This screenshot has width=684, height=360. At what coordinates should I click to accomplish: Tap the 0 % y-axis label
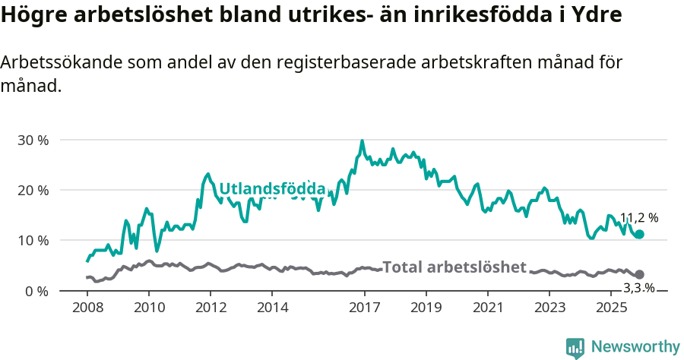(x=38, y=291)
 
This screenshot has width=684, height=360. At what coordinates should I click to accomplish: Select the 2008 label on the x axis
(x=87, y=308)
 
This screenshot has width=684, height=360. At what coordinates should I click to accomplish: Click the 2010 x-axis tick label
(x=149, y=308)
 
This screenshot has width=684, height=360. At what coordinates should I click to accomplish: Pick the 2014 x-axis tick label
(x=273, y=308)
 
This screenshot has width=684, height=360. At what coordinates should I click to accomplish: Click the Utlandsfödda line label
(x=272, y=189)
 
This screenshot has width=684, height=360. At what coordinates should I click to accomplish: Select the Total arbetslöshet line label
(x=454, y=267)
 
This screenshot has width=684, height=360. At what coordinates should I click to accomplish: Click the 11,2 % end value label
(x=638, y=218)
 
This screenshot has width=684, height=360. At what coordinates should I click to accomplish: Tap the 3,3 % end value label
(x=638, y=288)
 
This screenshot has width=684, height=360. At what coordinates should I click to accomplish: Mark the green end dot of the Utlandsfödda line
(x=639, y=235)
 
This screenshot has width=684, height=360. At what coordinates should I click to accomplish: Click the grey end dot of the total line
(x=639, y=274)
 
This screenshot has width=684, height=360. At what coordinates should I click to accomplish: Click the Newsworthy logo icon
(x=575, y=348)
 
